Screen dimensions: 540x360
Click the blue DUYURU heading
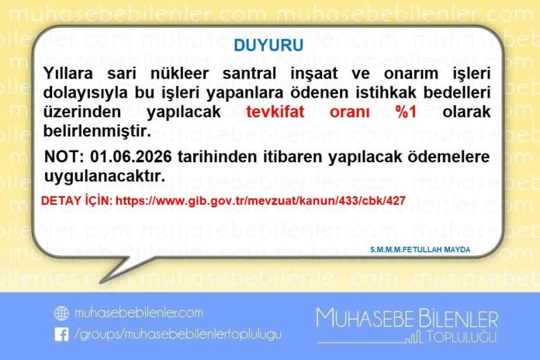coord(268,45)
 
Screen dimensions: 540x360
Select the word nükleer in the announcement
coord(179,74)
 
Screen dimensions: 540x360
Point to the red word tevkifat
coord(275,112)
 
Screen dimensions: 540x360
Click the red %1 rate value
coord(407,112)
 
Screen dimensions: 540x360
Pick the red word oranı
coord(350,112)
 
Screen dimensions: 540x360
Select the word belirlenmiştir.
coord(97,131)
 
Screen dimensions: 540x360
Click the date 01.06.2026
coord(131,157)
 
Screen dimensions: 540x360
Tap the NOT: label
coord(64,157)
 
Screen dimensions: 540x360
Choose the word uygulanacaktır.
coord(105,176)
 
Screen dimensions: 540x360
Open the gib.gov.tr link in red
coord(261,201)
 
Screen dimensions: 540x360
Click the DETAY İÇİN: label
coord(77,200)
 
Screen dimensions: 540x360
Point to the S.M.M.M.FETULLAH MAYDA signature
coord(421,249)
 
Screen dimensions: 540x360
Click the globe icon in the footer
coord(61,313)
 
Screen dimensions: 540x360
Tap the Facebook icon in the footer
coord(61,334)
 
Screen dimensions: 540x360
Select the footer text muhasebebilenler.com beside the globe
coord(138,313)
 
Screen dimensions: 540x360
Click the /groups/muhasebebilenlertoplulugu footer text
coord(178,334)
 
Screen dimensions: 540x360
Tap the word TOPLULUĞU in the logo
coord(462,337)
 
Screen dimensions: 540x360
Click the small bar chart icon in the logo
coord(414,337)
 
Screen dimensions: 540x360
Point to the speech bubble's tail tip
coord(100,283)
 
